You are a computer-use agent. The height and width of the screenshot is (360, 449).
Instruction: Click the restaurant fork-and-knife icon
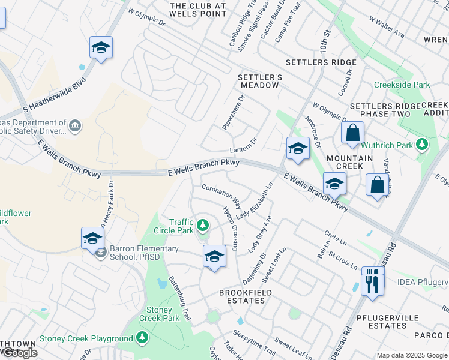point(372,281)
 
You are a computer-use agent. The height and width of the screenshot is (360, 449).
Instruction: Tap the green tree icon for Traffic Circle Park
point(203,226)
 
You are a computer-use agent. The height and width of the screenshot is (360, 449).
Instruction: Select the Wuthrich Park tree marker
point(422,145)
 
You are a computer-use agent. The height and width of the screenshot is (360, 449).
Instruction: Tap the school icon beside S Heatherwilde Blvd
point(101,48)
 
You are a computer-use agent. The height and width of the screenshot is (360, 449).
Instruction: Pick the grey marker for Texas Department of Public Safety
point(75,125)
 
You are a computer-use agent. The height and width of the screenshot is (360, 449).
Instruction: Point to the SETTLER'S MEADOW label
point(259,81)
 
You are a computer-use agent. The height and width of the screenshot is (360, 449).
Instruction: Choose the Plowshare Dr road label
point(234,112)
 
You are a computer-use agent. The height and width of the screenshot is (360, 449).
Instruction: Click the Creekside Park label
point(402,85)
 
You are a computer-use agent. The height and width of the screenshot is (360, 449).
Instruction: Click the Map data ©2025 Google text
point(412,355)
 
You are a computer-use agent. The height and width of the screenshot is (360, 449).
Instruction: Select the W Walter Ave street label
point(387,28)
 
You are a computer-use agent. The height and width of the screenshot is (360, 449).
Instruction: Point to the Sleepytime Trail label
point(254,342)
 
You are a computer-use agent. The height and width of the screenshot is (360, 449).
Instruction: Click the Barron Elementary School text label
point(144,253)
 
